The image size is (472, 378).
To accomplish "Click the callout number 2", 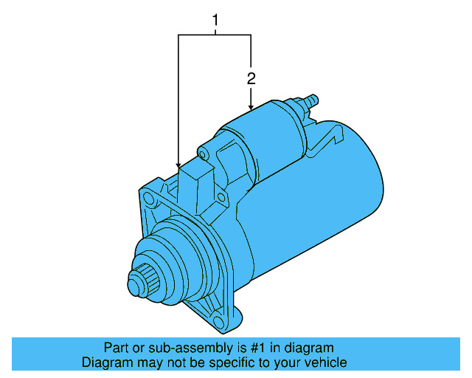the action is point(251,78).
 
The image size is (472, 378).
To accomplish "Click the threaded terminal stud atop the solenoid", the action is point(310,100).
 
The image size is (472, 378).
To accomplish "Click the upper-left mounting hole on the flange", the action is point(150,199).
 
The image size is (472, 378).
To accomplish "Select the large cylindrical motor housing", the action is point(332,199).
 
